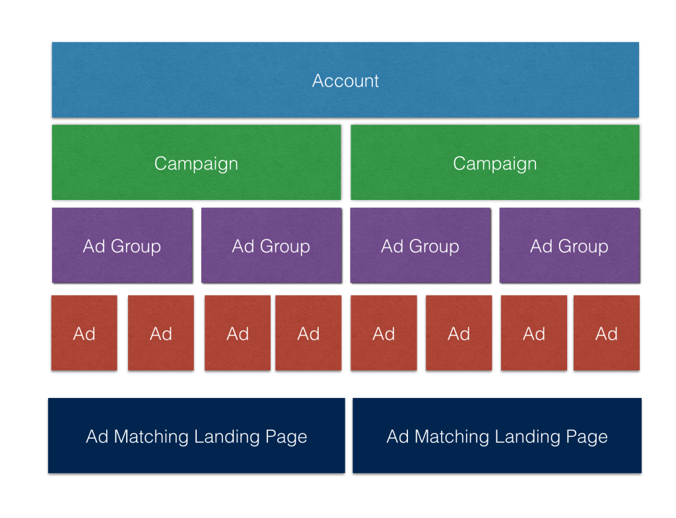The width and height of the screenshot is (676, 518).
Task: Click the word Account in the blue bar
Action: (x=345, y=81)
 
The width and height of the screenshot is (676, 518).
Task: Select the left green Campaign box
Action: (x=196, y=162)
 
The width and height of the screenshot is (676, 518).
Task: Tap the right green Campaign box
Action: (x=495, y=162)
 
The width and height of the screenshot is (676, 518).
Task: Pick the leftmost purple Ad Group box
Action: (x=122, y=245)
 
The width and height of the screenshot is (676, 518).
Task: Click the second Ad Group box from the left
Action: (x=271, y=245)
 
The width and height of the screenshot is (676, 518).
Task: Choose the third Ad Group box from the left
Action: (x=421, y=245)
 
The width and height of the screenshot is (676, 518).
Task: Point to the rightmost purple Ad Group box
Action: (x=570, y=245)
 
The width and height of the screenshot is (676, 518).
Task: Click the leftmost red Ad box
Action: (x=84, y=333)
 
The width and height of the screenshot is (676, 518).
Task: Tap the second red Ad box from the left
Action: (x=161, y=333)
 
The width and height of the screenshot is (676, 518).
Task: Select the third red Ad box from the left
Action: (x=238, y=333)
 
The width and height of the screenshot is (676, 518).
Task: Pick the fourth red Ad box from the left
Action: (x=308, y=333)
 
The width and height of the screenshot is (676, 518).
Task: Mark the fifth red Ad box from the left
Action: (x=384, y=333)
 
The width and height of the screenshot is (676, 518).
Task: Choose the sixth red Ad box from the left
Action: (x=459, y=333)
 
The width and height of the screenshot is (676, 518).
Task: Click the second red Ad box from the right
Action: (x=533, y=333)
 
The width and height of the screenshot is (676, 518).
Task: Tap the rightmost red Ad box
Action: (x=607, y=333)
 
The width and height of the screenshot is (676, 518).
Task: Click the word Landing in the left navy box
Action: (x=227, y=437)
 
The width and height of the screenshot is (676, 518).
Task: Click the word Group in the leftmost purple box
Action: (x=136, y=247)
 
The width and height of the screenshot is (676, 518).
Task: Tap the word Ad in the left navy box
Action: (x=97, y=437)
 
